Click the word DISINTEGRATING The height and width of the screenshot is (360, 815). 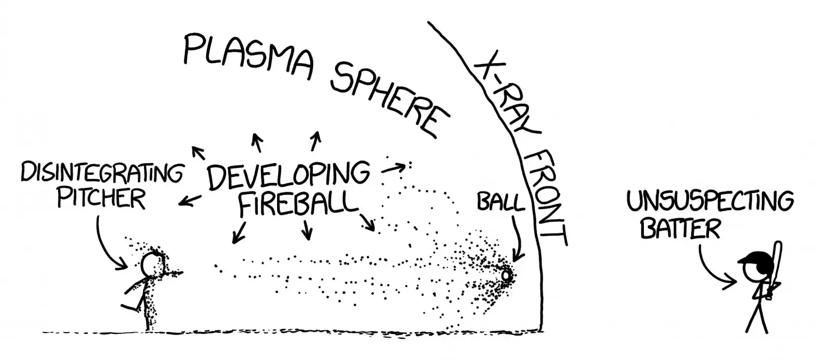pos(101,174)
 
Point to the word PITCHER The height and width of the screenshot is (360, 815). pos(101,198)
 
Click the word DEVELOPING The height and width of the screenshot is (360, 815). pos(287,175)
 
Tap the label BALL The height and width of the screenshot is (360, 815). pos(500,203)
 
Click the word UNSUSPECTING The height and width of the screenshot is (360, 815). pos(710,202)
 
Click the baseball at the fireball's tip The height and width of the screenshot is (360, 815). pos(506,275)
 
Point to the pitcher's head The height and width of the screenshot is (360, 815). pos(151,264)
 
